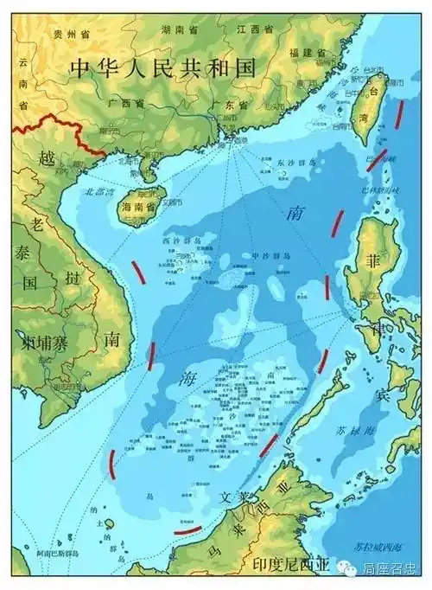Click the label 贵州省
(x=68, y=34)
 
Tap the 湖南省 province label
(x=178, y=29)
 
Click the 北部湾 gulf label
(x=98, y=192)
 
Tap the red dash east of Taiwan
(x=399, y=113)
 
